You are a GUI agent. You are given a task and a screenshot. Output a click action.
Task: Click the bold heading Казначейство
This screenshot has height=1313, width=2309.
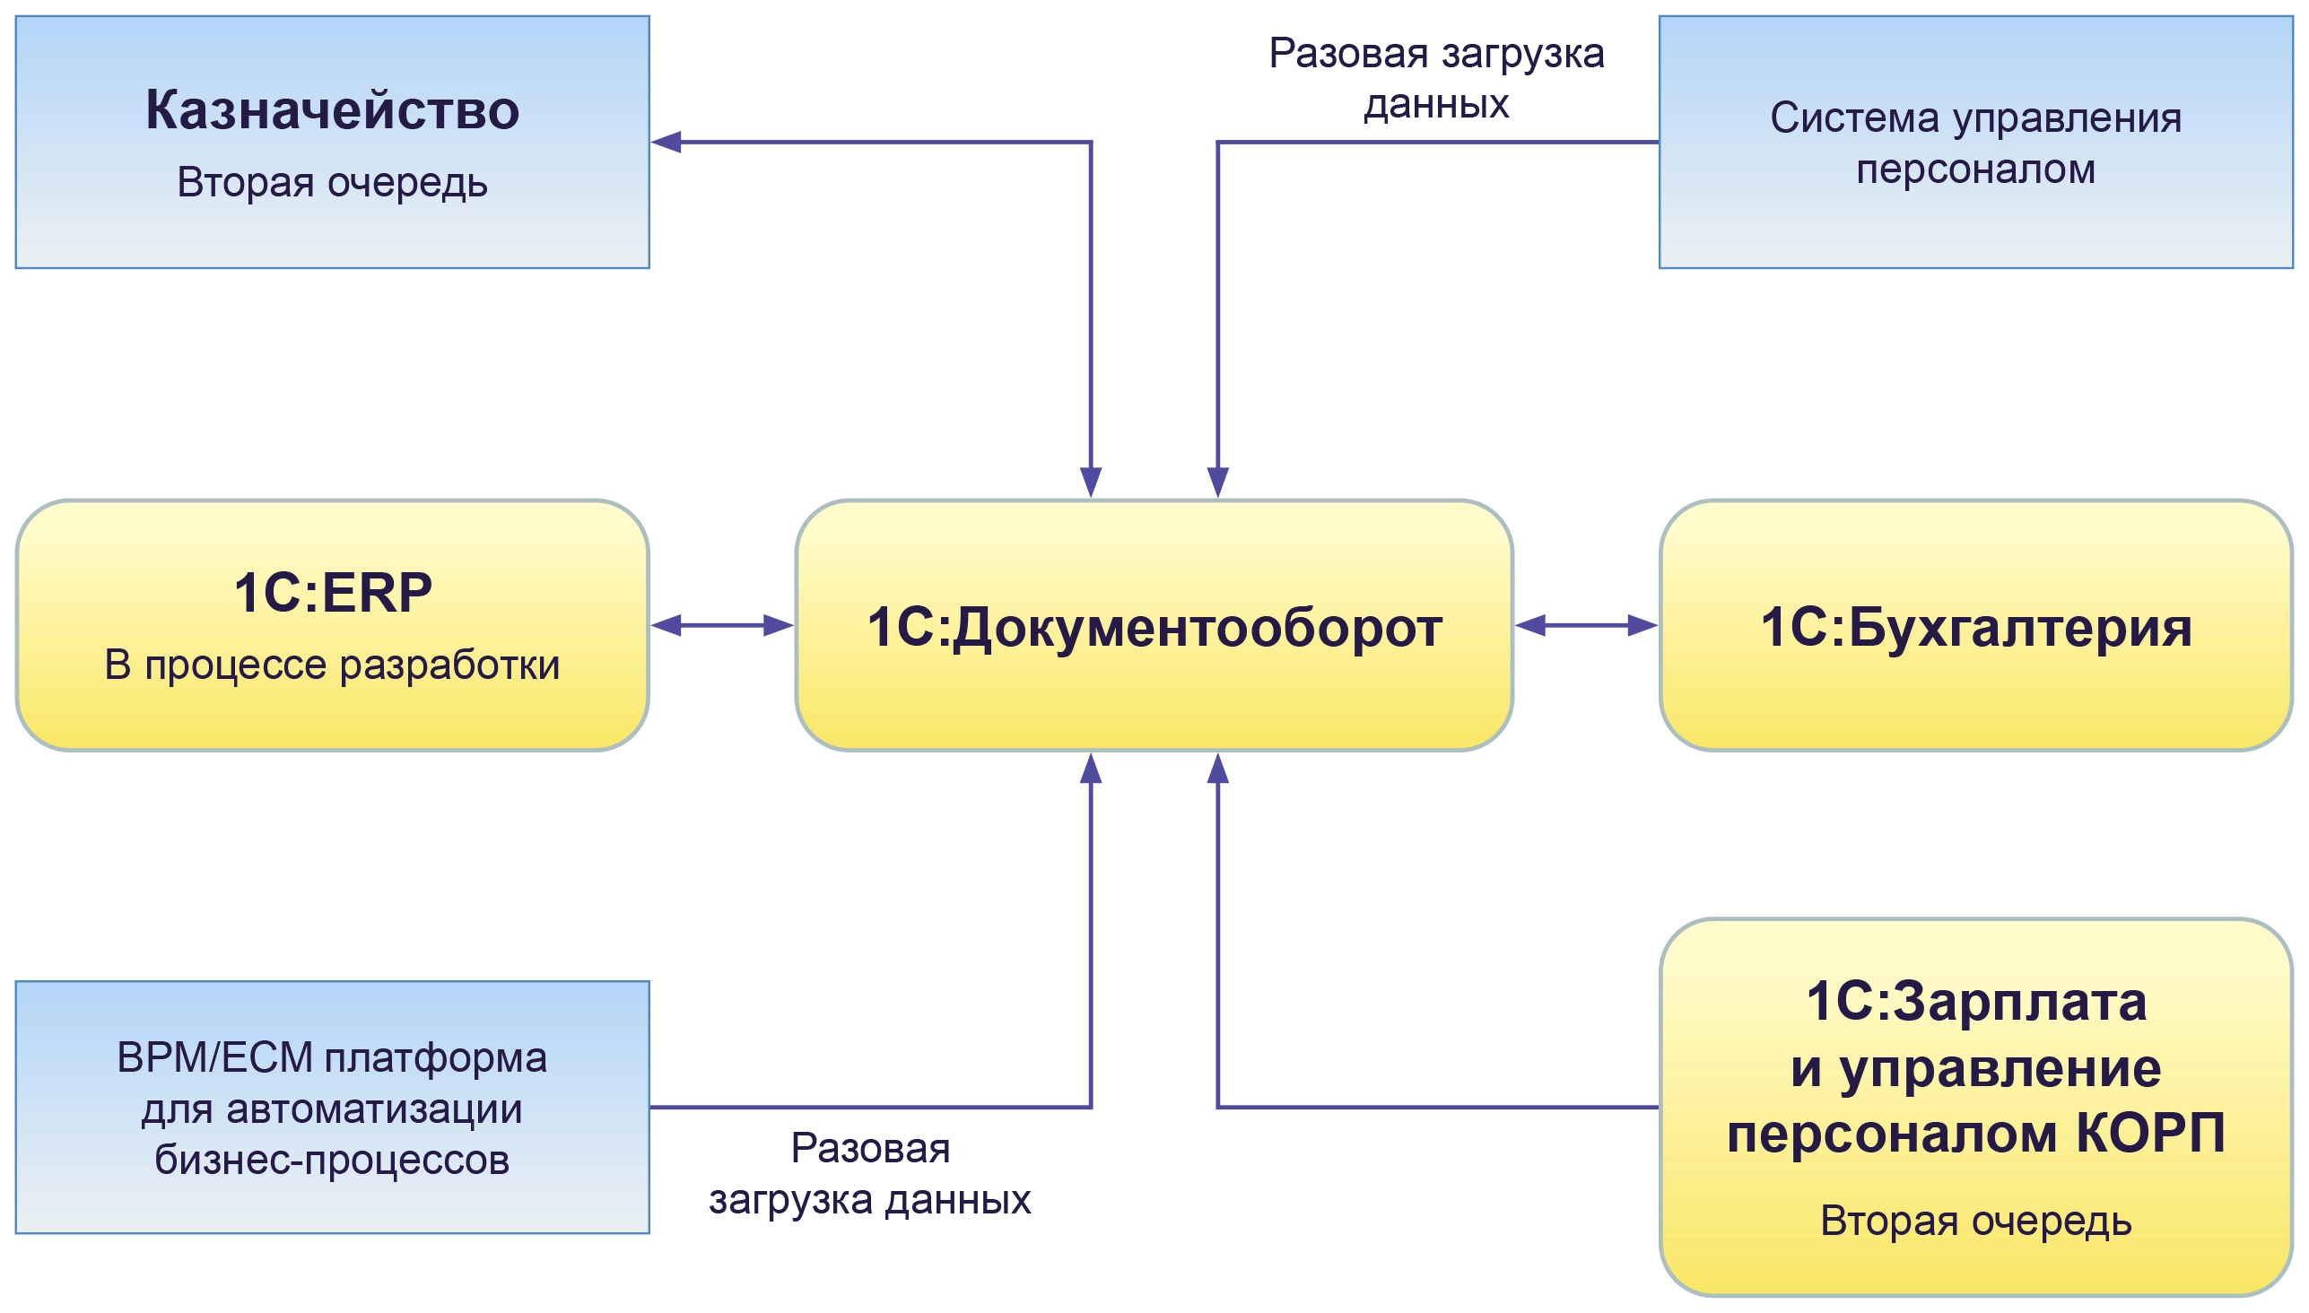pyautogui.click(x=332, y=111)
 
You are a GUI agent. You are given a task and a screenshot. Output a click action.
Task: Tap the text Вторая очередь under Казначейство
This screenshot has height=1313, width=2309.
pyautogui.click(x=332, y=182)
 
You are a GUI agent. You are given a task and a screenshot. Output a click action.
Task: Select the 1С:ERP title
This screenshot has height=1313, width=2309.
pyautogui.click(x=332, y=593)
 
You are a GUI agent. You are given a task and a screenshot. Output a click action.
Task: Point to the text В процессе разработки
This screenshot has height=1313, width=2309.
pyautogui.click(x=332, y=665)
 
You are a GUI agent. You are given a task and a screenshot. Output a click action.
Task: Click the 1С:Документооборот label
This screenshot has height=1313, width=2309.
pyautogui.click(x=1154, y=627)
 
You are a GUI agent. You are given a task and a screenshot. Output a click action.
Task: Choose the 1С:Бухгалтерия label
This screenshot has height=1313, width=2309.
pyautogui.click(x=1975, y=627)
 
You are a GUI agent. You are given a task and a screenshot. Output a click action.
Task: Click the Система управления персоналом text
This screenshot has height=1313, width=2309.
pyautogui.click(x=1975, y=143)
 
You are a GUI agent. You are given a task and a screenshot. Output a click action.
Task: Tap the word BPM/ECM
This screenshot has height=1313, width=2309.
pyautogui.click(x=214, y=1057)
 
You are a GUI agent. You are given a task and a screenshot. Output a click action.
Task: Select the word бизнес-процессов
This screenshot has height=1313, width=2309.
pyautogui.click(x=332, y=1160)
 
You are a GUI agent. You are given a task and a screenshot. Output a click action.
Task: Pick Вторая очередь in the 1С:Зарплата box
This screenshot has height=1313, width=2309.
pyautogui.click(x=1975, y=1222)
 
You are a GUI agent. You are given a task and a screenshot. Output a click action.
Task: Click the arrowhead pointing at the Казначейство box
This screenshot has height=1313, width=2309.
pyautogui.click(x=666, y=142)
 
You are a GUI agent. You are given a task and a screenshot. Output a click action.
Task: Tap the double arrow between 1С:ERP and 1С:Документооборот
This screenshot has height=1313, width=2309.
pyautogui.click(x=721, y=625)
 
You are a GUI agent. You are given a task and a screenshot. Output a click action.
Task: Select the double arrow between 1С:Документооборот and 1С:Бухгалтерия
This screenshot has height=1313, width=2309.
pyautogui.click(x=1586, y=625)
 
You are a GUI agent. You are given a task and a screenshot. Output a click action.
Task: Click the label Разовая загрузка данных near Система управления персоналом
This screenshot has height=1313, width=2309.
pyautogui.click(x=1436, y=78)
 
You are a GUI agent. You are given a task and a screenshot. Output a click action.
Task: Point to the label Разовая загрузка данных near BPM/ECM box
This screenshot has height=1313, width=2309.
pyautogui.click(x=869, y=1174)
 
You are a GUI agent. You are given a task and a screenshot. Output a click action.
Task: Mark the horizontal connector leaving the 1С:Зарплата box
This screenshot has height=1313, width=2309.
pyautogui.click(x=1439, y=1107)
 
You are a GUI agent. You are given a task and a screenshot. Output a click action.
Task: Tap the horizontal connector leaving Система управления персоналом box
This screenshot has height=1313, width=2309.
pyautogui.click(x=1439, y=142)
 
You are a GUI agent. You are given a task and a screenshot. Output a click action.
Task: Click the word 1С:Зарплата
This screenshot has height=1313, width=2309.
pyautogui.click(x=1975, y=1002)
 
